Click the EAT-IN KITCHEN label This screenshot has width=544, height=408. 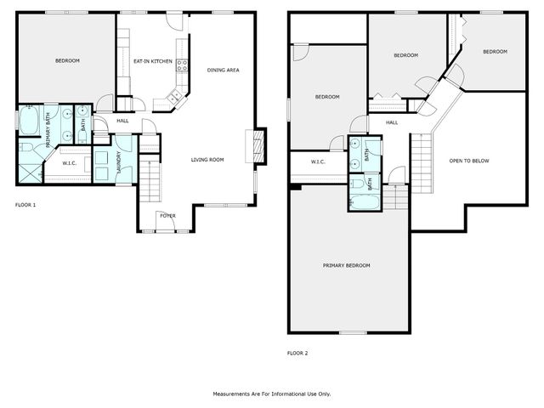click(x=153, y=61)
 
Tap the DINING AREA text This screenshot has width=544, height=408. click(x=223, y=70)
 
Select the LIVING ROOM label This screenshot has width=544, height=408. click(x=207, y=159)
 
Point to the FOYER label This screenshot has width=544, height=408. click(x=168, y=216)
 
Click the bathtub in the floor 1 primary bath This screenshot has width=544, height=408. click(x=28, y=124)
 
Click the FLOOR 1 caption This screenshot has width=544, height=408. click(x=25, y=205)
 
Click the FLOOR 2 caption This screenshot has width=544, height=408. click(x=297, y=353)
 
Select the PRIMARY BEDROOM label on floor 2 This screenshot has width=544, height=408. click(x=346, y=266)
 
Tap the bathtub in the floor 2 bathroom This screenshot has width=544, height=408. click(x=358, y=202)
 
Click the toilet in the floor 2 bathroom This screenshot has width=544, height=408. click(x=358, y=182)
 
